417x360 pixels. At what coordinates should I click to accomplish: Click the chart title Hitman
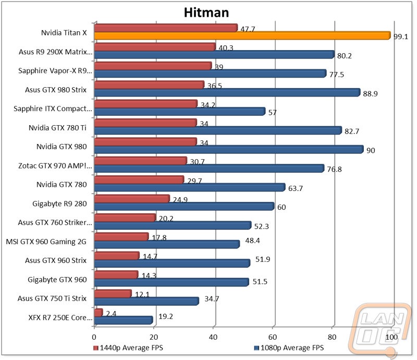click(206, 13)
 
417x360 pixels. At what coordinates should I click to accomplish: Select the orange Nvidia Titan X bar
click(242, 35)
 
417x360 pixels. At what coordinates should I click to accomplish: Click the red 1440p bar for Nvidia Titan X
click(166, 28)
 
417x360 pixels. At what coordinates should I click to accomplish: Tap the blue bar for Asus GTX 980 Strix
click(227, 93)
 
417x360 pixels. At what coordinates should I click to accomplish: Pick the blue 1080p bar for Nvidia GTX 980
click(229, 149)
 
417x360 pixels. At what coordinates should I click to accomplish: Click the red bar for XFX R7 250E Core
click(99, 313)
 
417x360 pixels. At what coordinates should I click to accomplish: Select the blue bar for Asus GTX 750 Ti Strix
click(146, 301)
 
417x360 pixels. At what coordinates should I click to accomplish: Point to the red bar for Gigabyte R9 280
click(132, 199)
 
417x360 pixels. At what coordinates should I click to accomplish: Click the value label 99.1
click(401, 37)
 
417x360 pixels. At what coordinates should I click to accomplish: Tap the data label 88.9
click(370, 94)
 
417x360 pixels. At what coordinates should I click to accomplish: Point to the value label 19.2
click(166, 316)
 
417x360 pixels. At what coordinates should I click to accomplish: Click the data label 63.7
click(296, 188)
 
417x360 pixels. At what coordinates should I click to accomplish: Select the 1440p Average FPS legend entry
click(128, 348)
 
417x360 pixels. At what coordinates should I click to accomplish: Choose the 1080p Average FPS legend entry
click(289, 348)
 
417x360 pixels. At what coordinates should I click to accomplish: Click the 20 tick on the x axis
click(154, 337)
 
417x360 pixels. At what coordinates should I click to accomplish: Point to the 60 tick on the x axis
click(273, 337)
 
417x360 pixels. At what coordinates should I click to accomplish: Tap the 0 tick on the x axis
click(94, 337)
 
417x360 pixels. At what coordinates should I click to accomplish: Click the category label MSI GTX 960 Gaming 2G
click(46, 242)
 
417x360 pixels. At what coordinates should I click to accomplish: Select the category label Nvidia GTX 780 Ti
click(57, 128)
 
